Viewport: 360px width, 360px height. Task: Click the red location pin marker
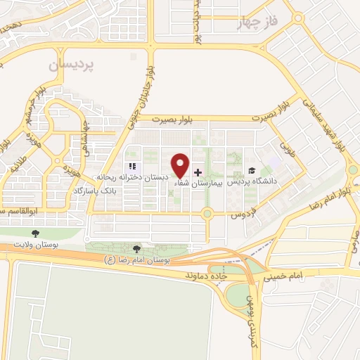tap(181, 165)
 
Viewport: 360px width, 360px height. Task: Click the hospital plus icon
tap(198, 172)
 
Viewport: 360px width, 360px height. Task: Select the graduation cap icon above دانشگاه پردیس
tap(252, 171)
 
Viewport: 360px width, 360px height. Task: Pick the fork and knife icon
tap(132, 167)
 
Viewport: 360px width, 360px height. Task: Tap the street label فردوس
tap(243, 212)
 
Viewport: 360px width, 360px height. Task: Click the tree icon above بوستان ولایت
tap(34, 232)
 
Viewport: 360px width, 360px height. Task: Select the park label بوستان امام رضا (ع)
tap(137, 259)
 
